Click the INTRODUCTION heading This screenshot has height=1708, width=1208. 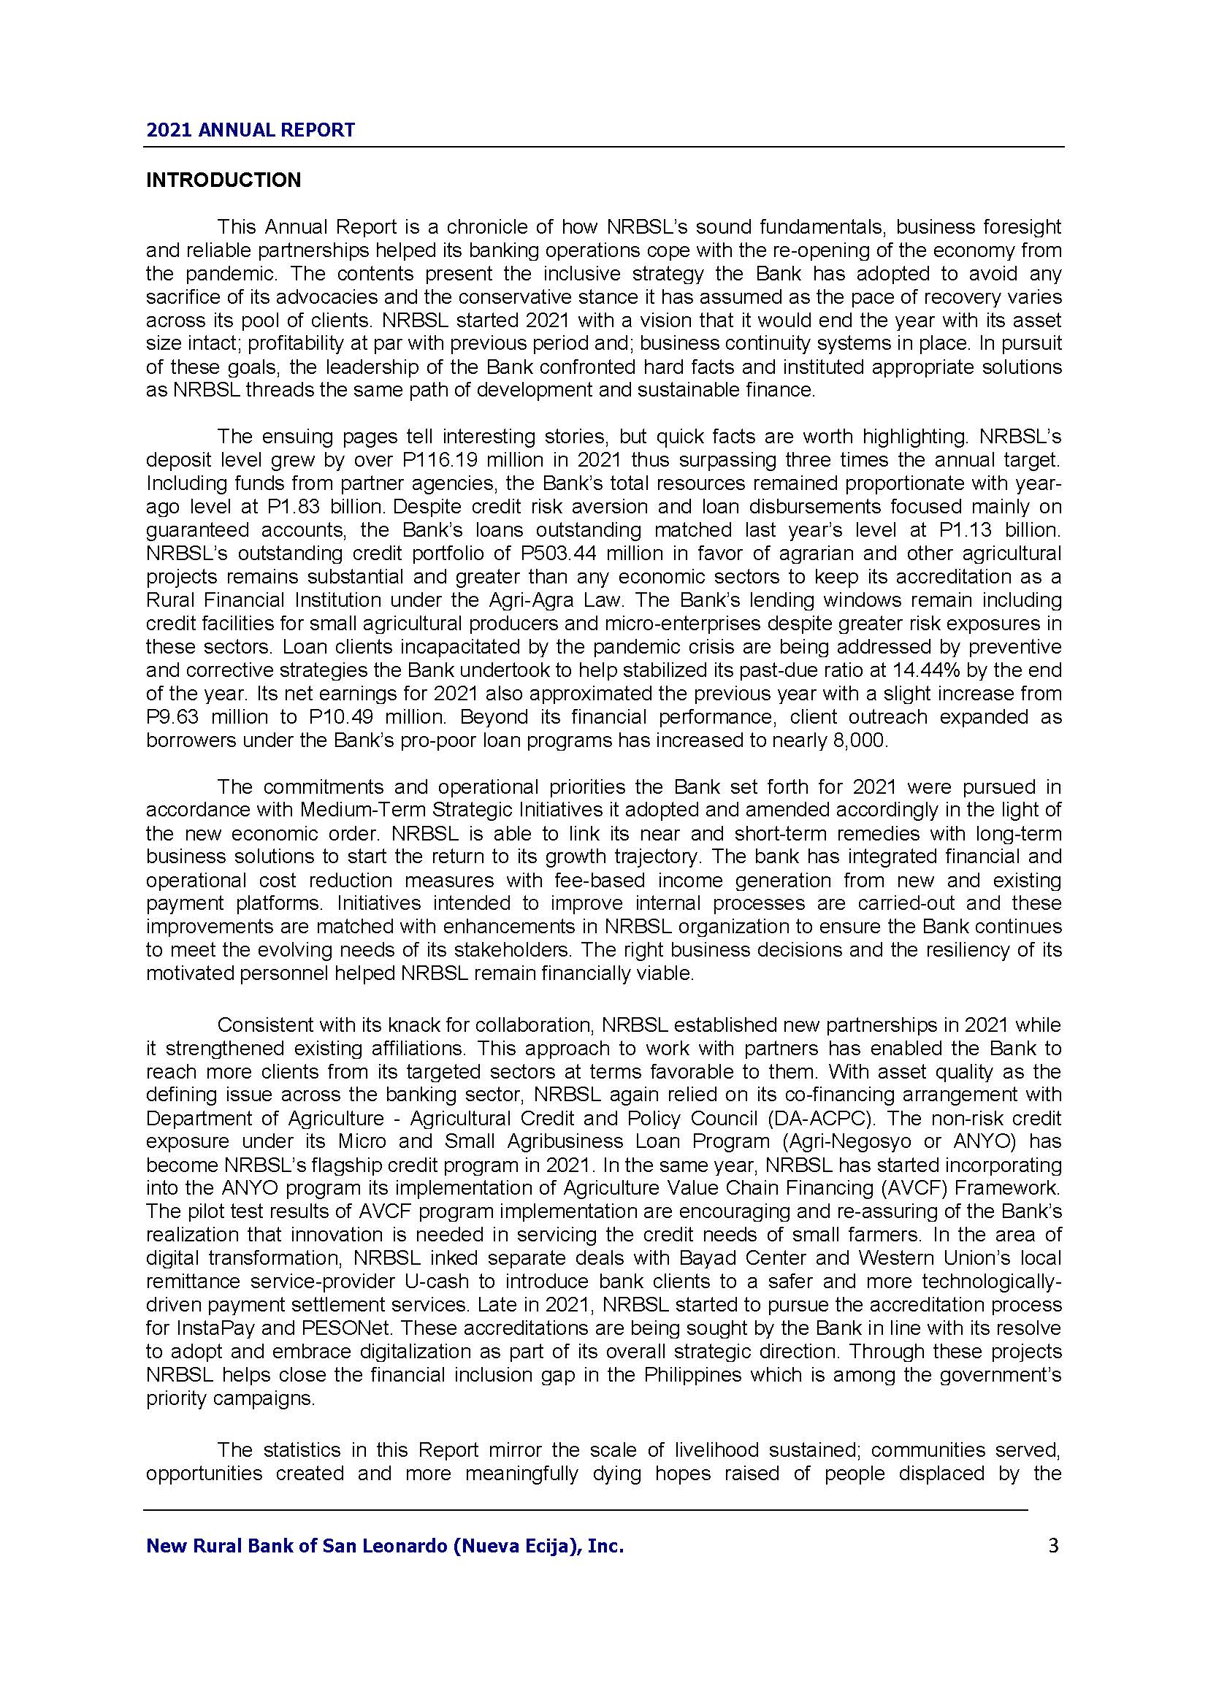(223, 180)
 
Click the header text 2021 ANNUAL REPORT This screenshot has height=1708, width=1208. (251, 130)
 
